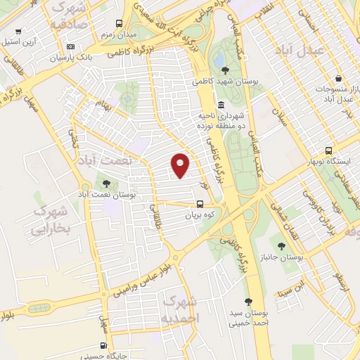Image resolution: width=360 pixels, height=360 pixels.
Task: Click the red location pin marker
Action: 181,165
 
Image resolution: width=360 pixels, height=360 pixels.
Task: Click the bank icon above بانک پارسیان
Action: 70,46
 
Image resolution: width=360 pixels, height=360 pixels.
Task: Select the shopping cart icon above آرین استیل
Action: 18,32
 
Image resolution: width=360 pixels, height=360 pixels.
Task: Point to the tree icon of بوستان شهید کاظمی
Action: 224,70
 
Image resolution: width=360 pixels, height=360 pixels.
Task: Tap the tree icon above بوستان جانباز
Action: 281,246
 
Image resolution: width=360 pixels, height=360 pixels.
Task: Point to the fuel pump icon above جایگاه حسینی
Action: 104,345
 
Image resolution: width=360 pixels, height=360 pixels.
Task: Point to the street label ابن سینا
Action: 291,288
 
